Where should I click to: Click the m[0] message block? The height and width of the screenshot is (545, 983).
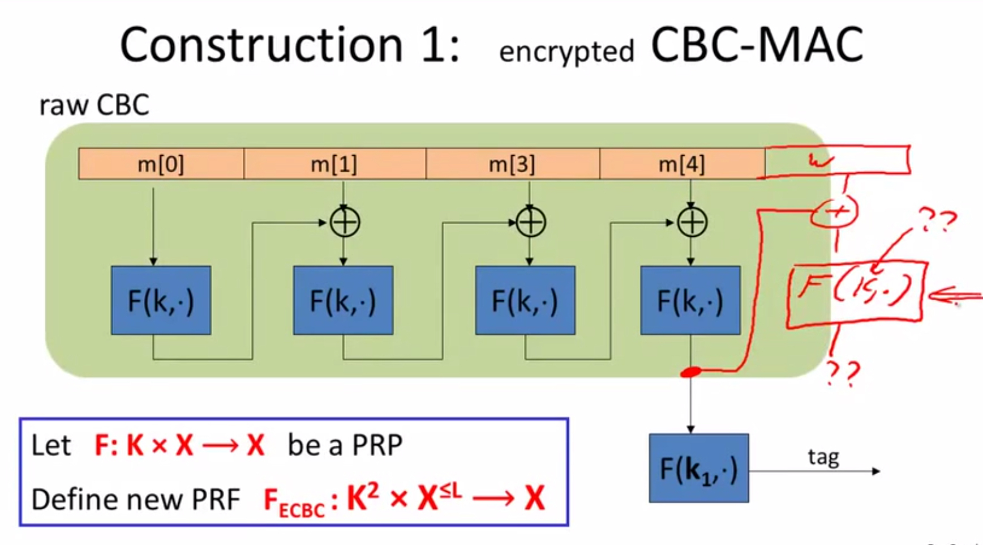tap(161, 164)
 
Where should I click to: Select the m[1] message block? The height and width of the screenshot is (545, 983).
tap(334, 164)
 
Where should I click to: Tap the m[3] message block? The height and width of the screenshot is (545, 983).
tap(512, 164)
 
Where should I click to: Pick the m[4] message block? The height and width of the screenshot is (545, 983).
tap(681, 164)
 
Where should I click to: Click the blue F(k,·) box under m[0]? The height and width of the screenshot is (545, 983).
tap(161, 300)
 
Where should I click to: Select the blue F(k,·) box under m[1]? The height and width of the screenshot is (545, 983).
tap(343, 300)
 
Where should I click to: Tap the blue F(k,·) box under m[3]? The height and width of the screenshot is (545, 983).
tap(525, 300)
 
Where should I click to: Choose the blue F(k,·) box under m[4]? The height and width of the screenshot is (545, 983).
tap(690, 300)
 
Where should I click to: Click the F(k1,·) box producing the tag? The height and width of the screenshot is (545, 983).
tap(699, 469)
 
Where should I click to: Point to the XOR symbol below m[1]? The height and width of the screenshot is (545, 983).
tap(345, 222)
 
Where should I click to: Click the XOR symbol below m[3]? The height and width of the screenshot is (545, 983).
tap(530, 222)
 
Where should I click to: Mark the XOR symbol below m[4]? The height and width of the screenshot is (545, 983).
tap(692, 222)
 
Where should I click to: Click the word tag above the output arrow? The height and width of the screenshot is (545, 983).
tap(823, 457)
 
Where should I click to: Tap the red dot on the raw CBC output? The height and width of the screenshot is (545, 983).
tap(690, 372)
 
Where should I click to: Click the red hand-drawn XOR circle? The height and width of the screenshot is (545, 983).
tap(835, 212)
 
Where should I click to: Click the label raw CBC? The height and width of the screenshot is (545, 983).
tap(94, 105)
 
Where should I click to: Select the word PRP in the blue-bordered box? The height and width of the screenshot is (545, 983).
tap(377, 445)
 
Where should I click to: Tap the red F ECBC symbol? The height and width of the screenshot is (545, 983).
tap(294, 502)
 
